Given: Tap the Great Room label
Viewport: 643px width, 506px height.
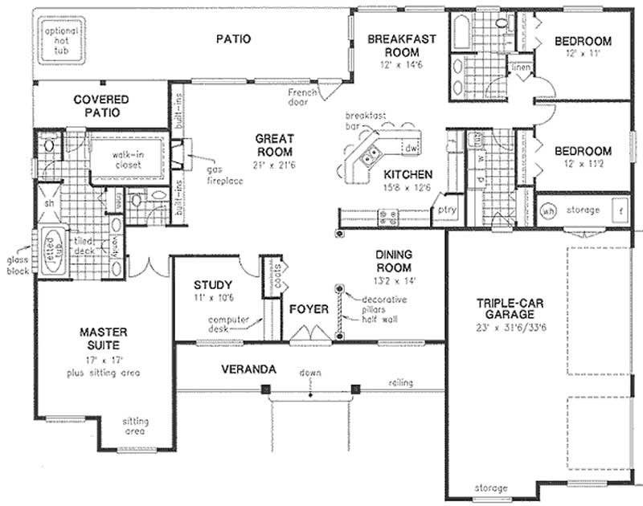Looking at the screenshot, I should point(273,145).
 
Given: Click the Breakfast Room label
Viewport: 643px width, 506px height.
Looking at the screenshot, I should point(391,46).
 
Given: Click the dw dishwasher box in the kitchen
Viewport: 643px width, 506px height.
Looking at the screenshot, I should point(411,148).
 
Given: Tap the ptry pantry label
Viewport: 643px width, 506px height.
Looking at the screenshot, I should point(444,210).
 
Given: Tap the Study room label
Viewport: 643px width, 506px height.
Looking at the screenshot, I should point(213,285).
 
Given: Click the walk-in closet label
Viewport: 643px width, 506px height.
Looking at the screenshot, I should point(127,159).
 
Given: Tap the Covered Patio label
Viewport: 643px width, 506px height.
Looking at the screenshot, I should point(101,105).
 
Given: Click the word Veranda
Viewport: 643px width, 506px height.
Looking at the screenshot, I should point(250,369).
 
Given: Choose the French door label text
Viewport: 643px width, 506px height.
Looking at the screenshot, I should point(306,97).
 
